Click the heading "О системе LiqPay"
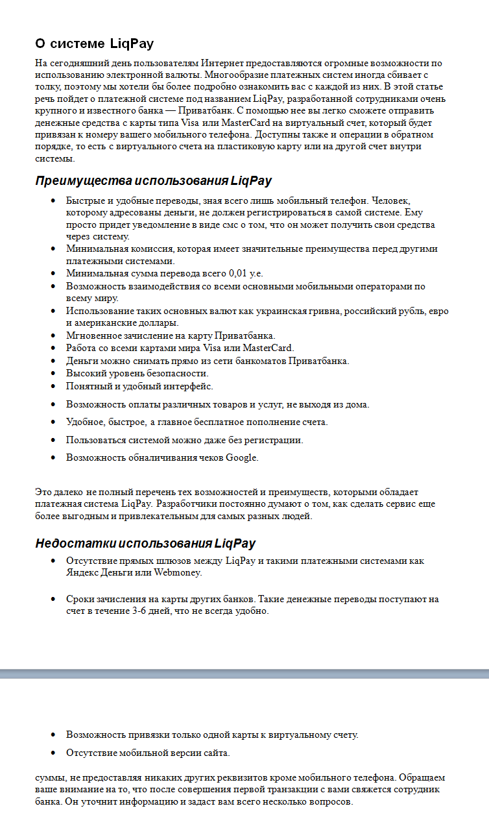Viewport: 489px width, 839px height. pyautogui.click(x=94, y=43)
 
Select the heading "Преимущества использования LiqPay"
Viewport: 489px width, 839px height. pyautogui.click(x=153, y=180)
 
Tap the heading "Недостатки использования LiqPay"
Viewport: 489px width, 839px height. pyautogui.click(x=145, y=543)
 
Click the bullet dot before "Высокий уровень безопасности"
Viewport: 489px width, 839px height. pyautogui.click(x=53, y=374)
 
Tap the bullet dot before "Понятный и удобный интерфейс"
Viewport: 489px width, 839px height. pyautogui.click(x=53, y=387)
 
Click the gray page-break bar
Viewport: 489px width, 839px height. pyautogui.click(x=244, y=674)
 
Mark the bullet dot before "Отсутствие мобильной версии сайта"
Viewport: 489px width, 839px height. pyautogui.click(x=53, y=753)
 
